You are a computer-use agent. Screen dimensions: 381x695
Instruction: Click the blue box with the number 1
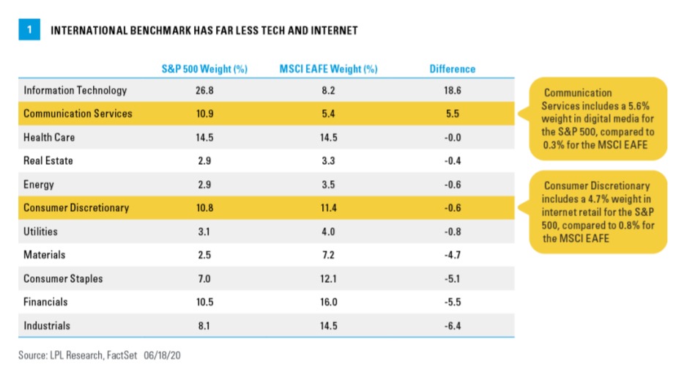[x=29, y=31]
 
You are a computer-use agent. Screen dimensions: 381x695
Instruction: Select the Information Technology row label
[x=75, y=90]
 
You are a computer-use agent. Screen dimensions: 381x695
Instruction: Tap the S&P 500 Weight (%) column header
[x=204, y=69]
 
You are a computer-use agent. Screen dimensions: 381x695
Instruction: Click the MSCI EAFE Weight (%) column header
[x=329, y=69]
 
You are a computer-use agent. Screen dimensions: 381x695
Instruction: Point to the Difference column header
[x=452, y=69]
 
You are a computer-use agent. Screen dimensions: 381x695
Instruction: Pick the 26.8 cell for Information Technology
[x=204, y=90]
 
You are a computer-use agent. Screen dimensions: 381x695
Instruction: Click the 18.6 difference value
[x=452, y=90]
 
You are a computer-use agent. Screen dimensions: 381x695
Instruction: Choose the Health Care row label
[x=49, y=137]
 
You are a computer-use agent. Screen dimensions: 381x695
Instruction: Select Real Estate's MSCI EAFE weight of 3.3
[x=329, y=160]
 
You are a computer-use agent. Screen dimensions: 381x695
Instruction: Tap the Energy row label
[x=39, y=184]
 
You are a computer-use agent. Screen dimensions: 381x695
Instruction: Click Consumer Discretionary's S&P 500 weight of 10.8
[x=204, y=207]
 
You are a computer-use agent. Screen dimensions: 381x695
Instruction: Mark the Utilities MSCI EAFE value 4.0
[x=329, y=231]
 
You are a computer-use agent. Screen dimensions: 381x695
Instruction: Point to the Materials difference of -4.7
[x=452, y=254]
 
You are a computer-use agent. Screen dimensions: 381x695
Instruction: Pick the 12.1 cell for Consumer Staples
[x=329, y=278]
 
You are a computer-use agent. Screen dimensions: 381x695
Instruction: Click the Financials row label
[x=45, y=302]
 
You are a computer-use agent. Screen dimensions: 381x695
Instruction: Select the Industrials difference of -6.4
[x=452, y=325]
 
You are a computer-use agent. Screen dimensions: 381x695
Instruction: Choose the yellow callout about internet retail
[x=598, y=212]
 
